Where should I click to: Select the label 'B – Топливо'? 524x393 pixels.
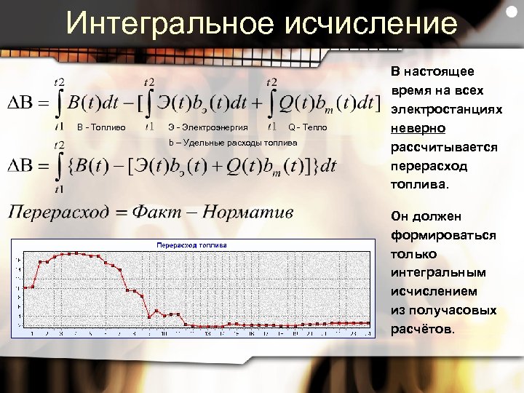101,128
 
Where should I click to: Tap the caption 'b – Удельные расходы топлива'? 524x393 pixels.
233,143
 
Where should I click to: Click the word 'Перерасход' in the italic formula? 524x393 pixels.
61,212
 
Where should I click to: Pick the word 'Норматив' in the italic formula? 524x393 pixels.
248,212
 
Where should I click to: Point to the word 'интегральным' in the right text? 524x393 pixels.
437,272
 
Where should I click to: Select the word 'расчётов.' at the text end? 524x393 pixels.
425,329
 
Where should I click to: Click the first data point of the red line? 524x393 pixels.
25,287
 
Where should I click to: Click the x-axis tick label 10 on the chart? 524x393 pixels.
164,334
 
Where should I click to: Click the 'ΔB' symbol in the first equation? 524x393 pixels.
24,103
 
